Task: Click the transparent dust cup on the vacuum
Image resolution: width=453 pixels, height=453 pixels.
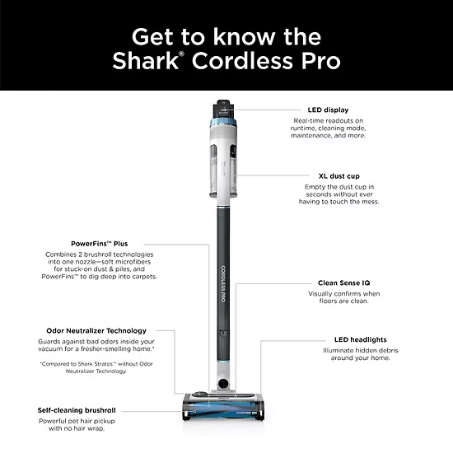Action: pos(223,165)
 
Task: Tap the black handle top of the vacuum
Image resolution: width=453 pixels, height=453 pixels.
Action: pos(225,107)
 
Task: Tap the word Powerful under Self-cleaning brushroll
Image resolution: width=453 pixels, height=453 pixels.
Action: pos(54,420)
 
